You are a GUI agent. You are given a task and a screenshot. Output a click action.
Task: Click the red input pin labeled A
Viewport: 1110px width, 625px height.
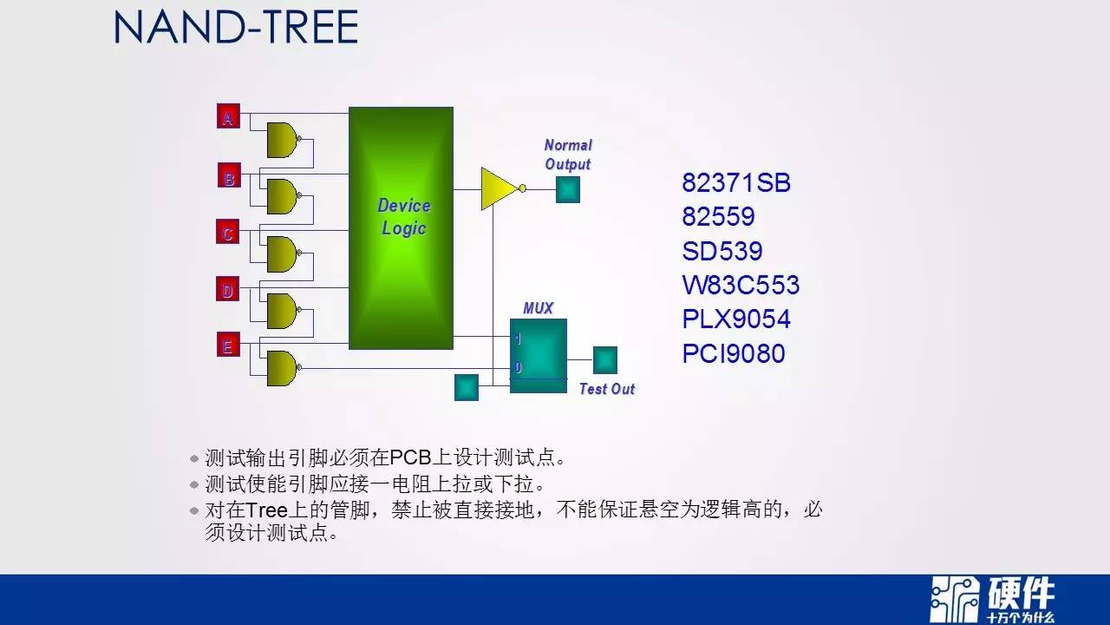pos(228,116)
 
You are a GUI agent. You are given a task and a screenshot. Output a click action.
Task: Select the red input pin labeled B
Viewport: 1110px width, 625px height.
pos(229,175)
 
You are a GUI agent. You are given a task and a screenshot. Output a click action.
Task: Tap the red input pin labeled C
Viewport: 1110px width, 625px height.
pos(228,231)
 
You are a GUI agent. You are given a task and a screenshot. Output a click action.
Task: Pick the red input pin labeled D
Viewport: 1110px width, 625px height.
pos(228,289)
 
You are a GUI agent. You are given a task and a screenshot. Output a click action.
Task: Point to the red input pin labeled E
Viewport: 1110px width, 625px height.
pos(228,345)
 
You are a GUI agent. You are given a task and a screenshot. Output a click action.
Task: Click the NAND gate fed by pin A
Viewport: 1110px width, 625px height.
pos(283,140)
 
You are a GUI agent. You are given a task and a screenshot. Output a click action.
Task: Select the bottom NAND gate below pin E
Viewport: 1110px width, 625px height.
pos(283,368)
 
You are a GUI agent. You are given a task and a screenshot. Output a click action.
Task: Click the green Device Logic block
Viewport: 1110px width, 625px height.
pos(401,228)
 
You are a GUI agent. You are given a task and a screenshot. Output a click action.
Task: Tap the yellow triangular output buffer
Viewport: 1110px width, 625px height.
pos(501,188)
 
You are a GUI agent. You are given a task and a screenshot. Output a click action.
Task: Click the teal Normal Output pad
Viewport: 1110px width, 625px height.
pos(568,190)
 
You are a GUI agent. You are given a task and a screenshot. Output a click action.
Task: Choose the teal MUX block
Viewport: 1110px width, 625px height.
pos(539,356)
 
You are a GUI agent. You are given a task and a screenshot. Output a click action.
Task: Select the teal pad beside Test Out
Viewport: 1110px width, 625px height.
pos(605,360)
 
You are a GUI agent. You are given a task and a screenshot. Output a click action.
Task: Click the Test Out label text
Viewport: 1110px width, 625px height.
pos(607,389)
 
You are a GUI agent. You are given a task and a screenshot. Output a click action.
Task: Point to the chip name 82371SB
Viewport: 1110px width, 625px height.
pos(736,182)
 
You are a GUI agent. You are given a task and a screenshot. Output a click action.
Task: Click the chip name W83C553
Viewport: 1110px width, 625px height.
pos(741,285)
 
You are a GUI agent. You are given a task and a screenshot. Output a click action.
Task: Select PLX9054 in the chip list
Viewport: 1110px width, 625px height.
pos(736,319)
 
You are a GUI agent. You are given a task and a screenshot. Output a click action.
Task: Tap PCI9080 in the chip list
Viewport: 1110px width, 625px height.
pos(734,353)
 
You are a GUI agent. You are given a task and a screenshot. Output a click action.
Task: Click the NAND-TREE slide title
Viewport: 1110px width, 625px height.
pos(236,27)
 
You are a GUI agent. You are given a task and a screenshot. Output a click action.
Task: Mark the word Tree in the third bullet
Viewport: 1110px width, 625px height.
pos(266,510)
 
